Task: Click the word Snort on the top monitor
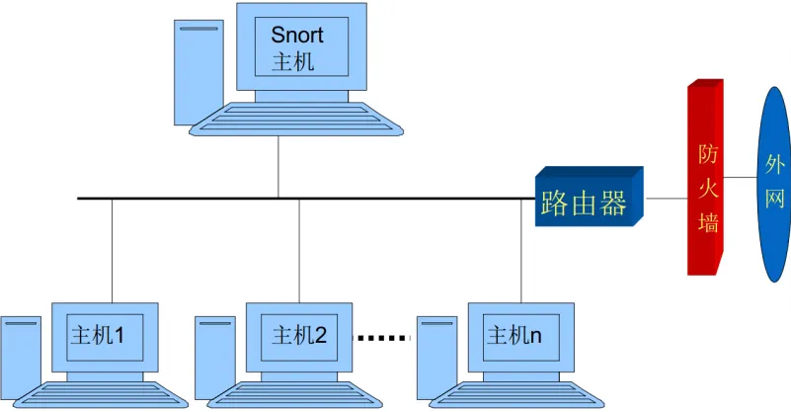tap(297, 36)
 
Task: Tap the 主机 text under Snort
tap(292, 61)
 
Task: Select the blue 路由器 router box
tap(585, 204)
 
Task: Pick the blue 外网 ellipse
tap(774, 182)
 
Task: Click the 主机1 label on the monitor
tap(97, 336)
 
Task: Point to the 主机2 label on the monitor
tap(298, 336)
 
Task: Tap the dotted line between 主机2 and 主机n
tap(381, 338)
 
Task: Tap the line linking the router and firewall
tap(666, 199)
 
